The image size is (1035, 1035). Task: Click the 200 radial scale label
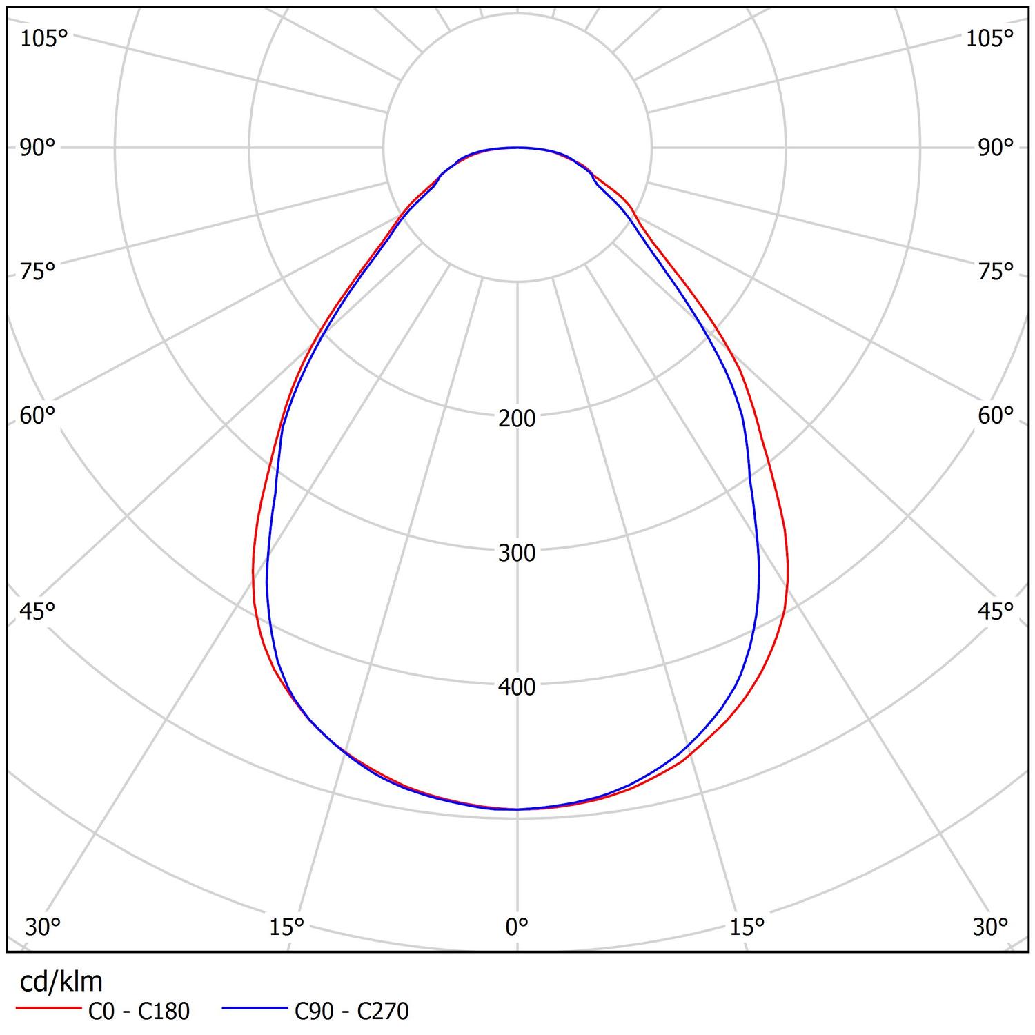click(517, 418)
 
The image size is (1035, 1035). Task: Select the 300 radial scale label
click(517, 553)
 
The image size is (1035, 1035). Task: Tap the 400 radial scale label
click(517, 687)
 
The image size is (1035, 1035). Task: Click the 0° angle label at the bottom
click(517, 927)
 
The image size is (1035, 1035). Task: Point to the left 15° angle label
click(287, 927)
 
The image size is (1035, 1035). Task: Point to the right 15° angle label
click(747, 927)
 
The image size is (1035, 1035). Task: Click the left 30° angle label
click(43, 927)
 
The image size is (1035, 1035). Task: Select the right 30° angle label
click(991, 927)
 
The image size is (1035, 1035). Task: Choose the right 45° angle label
click(995, 611)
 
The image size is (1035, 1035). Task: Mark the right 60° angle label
click(995, 415)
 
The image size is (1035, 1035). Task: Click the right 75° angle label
click(995, 272)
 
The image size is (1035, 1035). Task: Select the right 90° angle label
click(995, 148)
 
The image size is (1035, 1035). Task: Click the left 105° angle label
click(43, 39)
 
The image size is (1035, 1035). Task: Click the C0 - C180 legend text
click(139, 1011)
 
